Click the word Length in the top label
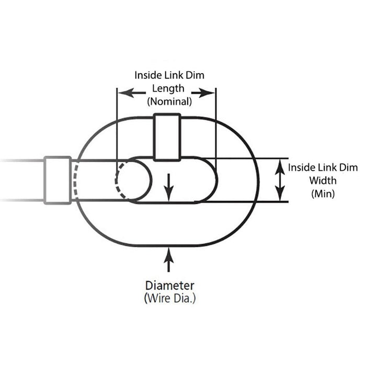tap(168, 89)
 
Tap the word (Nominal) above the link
tap(169, 101)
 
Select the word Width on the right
tap(323, 180)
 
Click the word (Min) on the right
tap(323, 194)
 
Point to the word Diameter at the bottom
tap(170, 285)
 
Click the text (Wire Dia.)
tap(170, 299)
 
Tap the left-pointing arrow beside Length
tap(132, 93)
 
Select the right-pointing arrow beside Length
tap(203, 93)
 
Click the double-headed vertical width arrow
tap(280, 180)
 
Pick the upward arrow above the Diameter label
tap(168, 260)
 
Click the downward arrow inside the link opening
tap(168, 187)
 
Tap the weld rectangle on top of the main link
tap(167, 137)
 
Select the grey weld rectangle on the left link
tap(58, 180)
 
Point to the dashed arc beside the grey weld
tap(75, 180)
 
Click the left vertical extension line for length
tap(117, 131)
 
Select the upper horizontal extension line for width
tap(247, 159)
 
